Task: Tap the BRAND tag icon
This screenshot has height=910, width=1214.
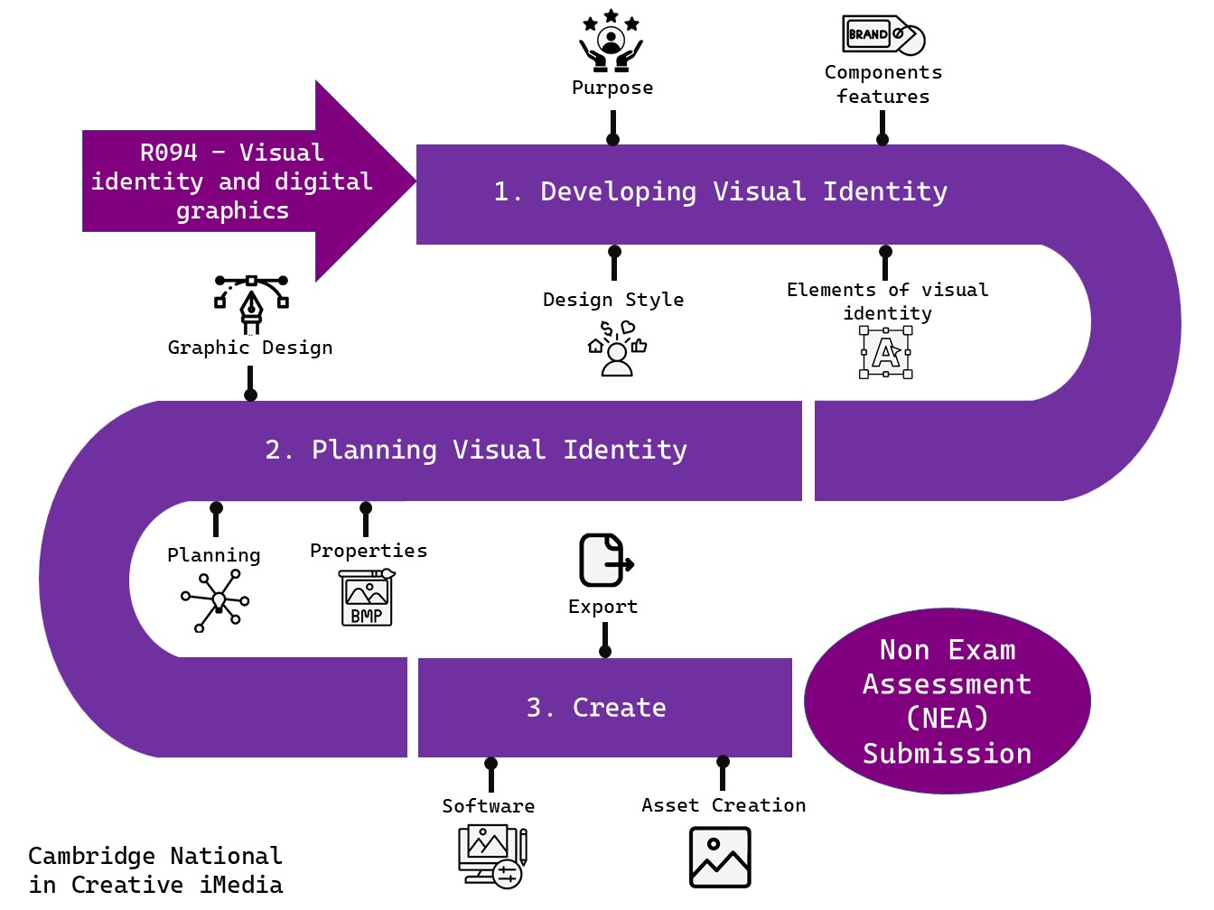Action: point(882,35)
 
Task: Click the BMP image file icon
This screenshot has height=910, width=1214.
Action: point(366,598)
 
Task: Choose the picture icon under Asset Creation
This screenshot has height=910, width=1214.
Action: point(720,858)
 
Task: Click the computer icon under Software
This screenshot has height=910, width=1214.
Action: point(491,856)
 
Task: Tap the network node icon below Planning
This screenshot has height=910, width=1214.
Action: point(216,600)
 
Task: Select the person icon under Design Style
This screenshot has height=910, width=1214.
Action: point(617,348)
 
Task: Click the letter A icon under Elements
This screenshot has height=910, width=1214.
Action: point(885,352)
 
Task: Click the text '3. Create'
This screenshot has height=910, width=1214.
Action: point(596,708)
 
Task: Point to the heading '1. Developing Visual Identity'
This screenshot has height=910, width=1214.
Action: point(720,192)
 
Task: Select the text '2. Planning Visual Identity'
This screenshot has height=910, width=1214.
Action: point(476,450)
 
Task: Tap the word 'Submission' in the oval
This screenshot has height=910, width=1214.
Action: point(947,754)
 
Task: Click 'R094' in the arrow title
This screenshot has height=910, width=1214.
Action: point(169,153)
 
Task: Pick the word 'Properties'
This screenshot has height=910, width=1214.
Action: point(369,551)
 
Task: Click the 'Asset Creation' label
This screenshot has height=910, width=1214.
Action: point(724,805)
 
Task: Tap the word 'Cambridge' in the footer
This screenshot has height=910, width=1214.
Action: point(91,856)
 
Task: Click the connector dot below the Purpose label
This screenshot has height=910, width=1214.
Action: point(612,139)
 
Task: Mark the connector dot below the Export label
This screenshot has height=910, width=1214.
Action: point(605,651)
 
